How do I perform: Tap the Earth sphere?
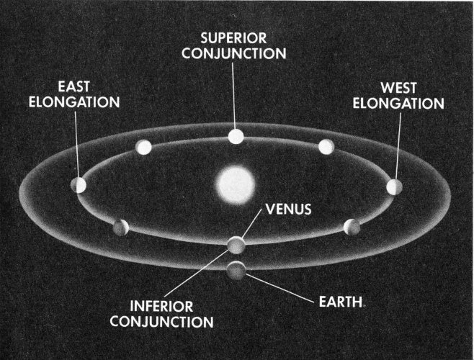pyautogui.click(x=236, y=270)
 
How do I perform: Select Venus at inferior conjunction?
pyautogui.click(x=236, y=245)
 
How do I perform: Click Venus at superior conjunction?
pyautogui.click(x=236, y=136)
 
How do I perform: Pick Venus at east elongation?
pyautogui.click(x=79, y=185)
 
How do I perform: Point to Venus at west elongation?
pyautogui.click(x=395, y=187)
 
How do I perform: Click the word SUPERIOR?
pyautogui.click(x=233, y=38)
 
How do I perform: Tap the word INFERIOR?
pyautogui.click(x=161, y=307)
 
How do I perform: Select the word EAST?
pyautogui.click(x=74, y=86)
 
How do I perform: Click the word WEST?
pyautogui.click(x=399, y=88)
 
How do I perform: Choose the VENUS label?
pyautogui.click(x=289, y=210)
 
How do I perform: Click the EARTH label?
pyautogui.click(x=341, y=302)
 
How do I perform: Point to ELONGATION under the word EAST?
pyautogui.click(x=74, y=102)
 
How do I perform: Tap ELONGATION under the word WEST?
pyautogui.click(x=398, y=104)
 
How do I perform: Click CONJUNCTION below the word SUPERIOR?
pyautogui.click(x=234, y=53)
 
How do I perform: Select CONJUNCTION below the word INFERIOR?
pyautogui.click(x=162, y=322)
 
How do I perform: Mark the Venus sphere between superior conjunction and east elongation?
pyautogui.click(x=143, y=147)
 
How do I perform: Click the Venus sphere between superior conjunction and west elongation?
pyautogui.click(x=326, y=147)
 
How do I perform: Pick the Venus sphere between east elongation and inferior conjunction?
pyautogui.click(x=121, y=228)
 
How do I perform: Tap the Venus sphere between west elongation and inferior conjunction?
pyautogui.click(x=352, y=228)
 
